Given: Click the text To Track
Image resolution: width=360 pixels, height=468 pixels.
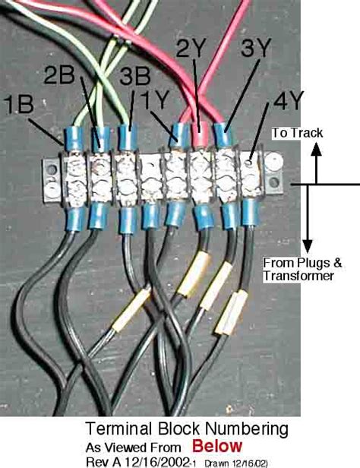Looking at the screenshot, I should (x=297, y=133).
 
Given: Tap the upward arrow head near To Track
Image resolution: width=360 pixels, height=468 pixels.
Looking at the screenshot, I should (x=313, y=149).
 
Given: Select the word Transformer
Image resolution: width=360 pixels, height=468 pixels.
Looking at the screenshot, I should (x=299, y=277).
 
